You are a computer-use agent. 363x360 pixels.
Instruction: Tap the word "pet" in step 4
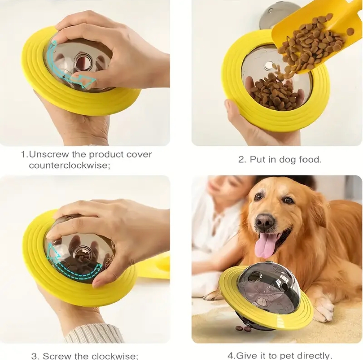[x=287, y=355]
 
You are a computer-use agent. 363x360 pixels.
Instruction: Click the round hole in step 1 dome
[x=81, y=62]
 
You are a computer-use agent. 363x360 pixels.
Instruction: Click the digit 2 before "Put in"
[x=241, y=160]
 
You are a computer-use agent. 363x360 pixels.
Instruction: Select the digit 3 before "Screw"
[x=34, y=356]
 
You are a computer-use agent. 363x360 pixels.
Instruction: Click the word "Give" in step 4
[x=243, y=355]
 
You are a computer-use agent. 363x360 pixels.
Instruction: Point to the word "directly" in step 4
[x=314, y=356]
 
